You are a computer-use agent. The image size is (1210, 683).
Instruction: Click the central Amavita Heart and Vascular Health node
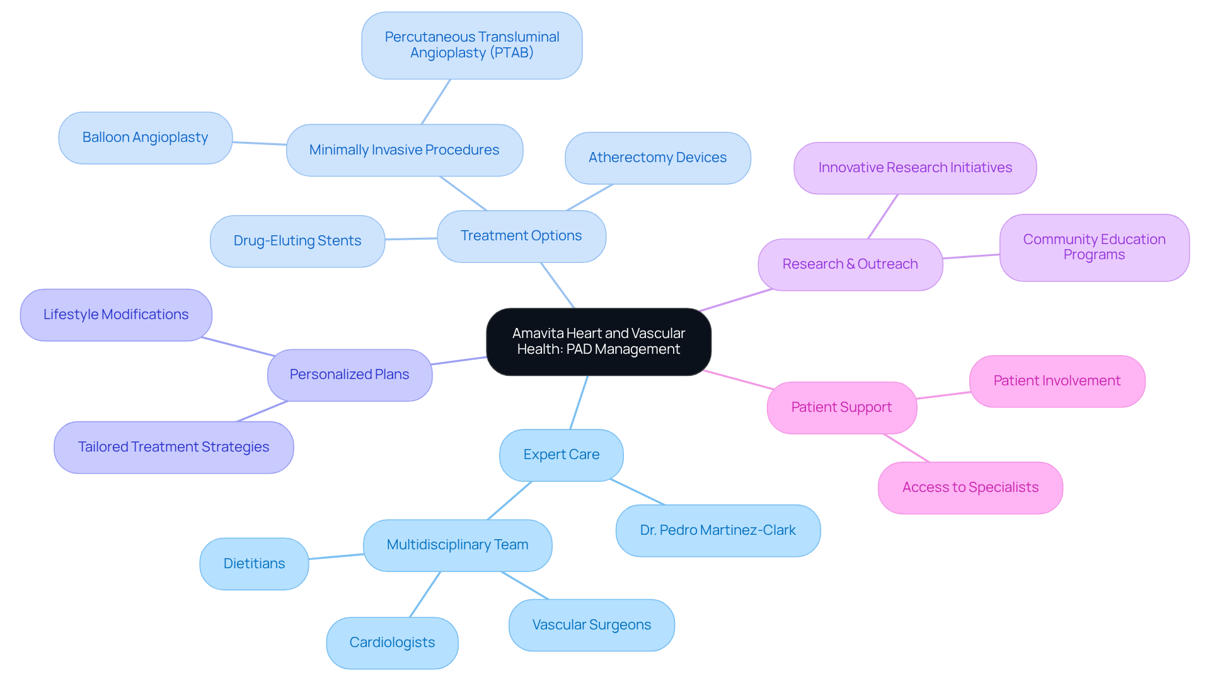coord(598,341)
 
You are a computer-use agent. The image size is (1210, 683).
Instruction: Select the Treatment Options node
coord(521,236)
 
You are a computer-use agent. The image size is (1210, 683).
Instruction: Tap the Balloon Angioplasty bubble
coord(145,137)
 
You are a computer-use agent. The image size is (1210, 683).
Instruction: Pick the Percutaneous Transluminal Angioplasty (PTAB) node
coord(471,45)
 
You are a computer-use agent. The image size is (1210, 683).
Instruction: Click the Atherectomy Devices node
coord(657,158)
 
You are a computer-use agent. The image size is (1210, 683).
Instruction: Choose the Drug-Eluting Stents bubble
coord(297,241)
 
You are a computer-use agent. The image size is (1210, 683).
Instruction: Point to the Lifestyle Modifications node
coord(116,315)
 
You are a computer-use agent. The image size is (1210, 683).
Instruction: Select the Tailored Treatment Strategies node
coord(173,447)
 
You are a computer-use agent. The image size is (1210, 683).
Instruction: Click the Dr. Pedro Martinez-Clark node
coord(718,530)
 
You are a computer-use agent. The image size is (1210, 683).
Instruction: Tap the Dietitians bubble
coord(254,564)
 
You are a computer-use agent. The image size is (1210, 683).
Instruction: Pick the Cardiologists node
coord(392,643)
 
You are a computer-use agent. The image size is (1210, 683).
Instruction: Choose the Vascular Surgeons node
coord(591,625)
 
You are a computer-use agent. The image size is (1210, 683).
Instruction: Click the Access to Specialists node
coord(970,487)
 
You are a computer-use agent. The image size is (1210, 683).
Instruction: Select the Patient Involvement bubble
coord(1057,381)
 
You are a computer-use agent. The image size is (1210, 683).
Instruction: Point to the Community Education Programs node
coord(1094,247)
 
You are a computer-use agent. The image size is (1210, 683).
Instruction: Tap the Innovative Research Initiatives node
coord(915,168)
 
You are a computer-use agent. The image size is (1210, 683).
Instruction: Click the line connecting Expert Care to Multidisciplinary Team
coord(510,501)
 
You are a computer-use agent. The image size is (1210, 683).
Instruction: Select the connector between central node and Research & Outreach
coord(735,300)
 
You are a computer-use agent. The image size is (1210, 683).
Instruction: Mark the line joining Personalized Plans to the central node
coord(459,361)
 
